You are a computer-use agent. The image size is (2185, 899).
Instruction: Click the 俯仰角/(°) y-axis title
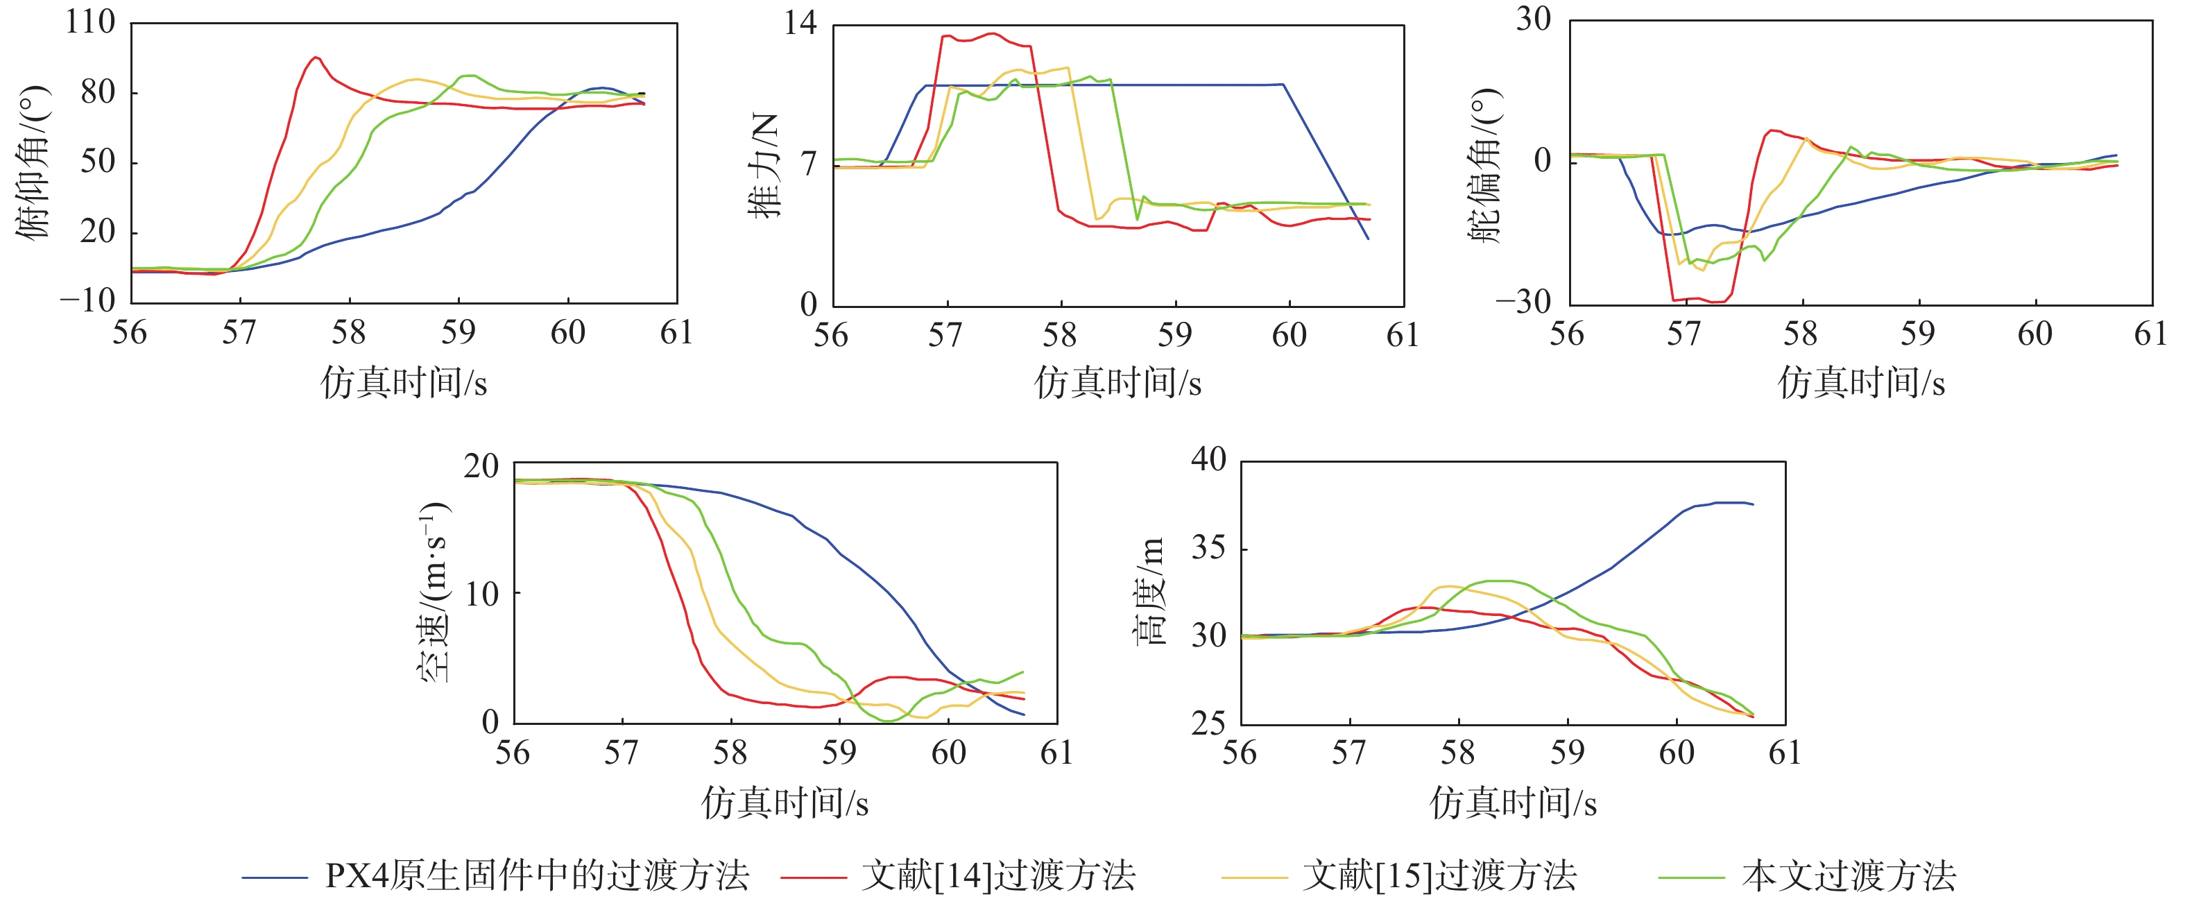click(34, 161)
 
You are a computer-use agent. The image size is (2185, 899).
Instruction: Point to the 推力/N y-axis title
click(764, 165)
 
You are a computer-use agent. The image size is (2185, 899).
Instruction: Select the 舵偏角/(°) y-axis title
click(1485, 165)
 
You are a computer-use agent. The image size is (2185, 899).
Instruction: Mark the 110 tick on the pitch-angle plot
click(90, 22)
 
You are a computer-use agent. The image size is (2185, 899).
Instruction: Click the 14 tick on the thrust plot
click(800, 23)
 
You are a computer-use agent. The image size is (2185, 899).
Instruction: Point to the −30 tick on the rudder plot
click(1523, 301)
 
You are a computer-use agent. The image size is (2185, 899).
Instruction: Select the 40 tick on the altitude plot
click(1209, 460)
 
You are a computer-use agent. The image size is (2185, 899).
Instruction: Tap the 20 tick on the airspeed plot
click(481, 465)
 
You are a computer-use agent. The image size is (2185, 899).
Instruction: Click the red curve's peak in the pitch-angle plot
click(316, 58)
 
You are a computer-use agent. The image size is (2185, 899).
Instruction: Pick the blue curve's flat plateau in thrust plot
click(1103, 85)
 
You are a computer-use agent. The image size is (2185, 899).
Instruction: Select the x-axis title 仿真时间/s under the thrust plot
click(1118, 384)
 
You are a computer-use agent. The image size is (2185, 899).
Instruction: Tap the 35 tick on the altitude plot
click(1209, 549)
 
